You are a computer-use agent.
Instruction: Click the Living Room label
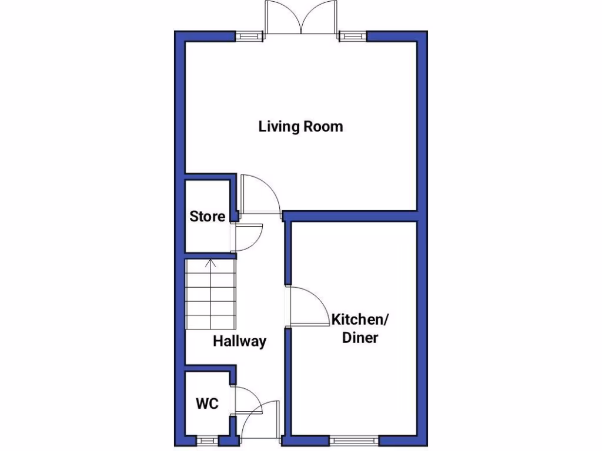point(300,126)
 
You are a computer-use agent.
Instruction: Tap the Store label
point(207,216)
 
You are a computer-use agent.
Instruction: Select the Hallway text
point(239,341)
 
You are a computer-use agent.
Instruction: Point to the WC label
point(207,404)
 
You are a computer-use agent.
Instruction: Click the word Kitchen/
point(360,320)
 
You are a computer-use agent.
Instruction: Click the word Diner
point(360,338)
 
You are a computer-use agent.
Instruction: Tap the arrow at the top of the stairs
point(212,263)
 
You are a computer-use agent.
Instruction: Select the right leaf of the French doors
point(319,18)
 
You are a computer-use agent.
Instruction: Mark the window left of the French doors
point(250,36)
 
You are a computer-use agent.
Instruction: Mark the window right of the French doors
point(352,36)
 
